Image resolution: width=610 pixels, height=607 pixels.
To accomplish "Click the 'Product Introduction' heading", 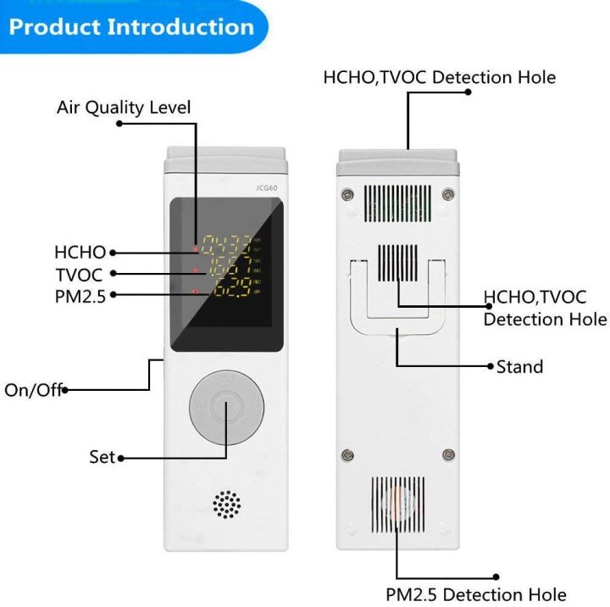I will coord(131,26).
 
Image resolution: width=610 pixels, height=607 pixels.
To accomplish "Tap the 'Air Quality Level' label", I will coord(124,108).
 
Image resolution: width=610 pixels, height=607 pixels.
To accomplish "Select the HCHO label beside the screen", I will coord(80,252).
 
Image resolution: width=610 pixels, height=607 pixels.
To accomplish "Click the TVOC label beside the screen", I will coord(80,273).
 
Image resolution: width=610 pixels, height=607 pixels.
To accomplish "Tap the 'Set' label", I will coord(102,457).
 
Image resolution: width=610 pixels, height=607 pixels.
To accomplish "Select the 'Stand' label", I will coord(519,366).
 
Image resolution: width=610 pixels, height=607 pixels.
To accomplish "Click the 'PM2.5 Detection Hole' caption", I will coord(476,593).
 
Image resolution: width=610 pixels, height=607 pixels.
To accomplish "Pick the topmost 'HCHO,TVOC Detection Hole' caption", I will coord(440,77).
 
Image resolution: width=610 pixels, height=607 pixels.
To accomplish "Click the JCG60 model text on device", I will coord(267,188).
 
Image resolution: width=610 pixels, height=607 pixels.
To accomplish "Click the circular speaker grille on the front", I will coord(226,504).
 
